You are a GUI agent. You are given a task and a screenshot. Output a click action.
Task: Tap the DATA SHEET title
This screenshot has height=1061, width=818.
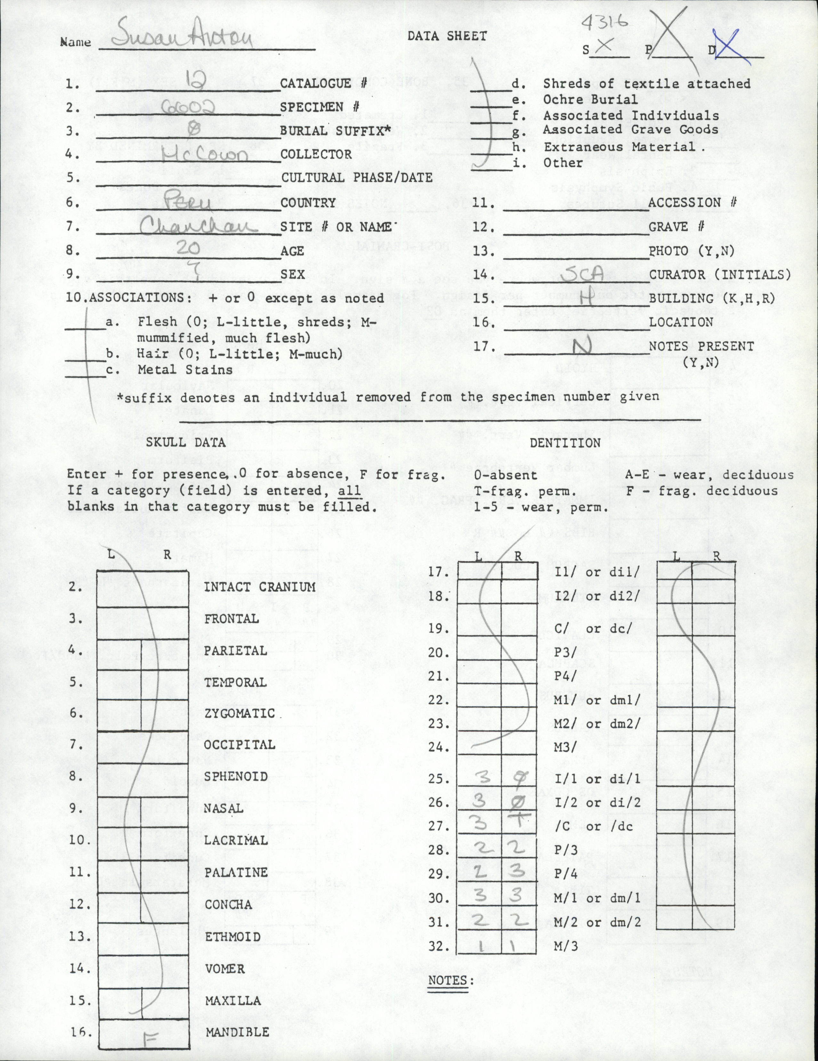coord(447,36)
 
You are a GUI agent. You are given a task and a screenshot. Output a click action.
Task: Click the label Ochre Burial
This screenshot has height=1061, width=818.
coord(590,100)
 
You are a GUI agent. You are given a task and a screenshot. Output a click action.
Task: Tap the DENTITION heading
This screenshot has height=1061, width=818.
coord(565,443)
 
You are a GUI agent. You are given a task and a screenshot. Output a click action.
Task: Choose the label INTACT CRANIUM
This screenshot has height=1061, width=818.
coord(260,587)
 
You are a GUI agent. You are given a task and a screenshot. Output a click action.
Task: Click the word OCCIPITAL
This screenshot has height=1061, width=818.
coord(239,745)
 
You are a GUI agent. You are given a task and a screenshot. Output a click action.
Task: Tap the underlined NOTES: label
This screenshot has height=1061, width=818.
coord(450,967)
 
